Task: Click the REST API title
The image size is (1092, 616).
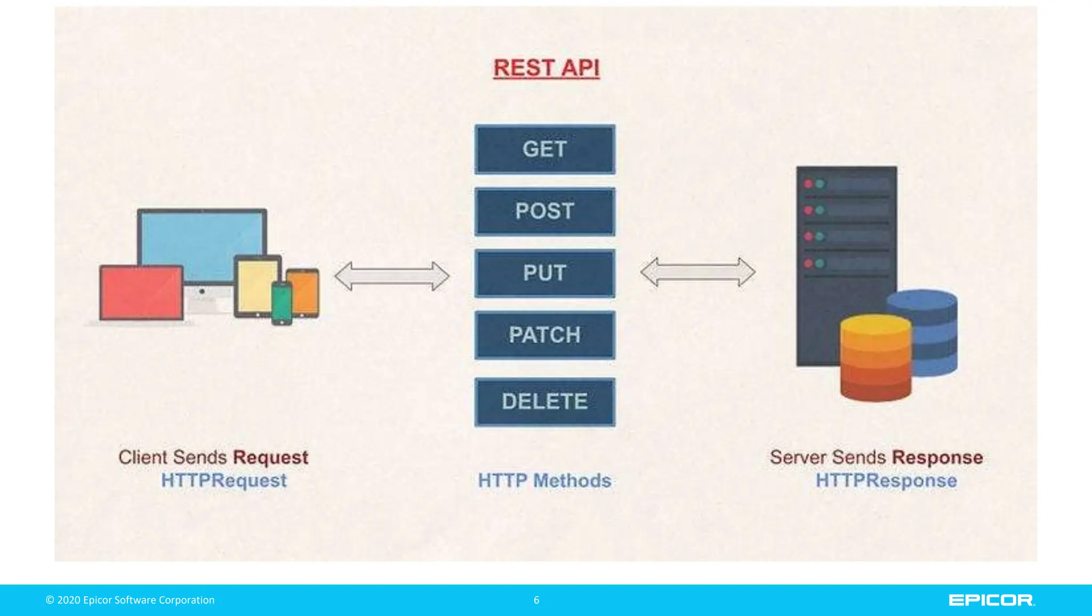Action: coord(546,68)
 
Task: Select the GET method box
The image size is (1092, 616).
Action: coord(544,149)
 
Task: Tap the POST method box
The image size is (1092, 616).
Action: coord(544,211)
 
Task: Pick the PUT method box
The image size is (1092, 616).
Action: coord(544,273)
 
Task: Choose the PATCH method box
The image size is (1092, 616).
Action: coord(544,335)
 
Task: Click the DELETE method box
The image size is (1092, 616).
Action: coord(544,402)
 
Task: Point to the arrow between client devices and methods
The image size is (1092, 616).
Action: coord(392,276)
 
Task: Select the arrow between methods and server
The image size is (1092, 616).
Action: coord(697,272)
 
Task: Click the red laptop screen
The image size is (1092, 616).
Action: coord(141,292)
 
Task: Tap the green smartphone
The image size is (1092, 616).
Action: coord(282,303)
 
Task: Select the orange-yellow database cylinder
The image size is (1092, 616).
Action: coord(876,357)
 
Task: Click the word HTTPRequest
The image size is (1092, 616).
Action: coord(223,481)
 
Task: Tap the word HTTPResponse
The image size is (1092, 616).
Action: coord(886,481)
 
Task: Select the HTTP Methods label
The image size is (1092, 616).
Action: coord(544,481)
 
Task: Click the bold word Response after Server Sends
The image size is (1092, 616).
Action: coord(937,458)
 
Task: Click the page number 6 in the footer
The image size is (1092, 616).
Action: coord(536,600)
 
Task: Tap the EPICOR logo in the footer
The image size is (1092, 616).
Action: coord(991,600)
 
